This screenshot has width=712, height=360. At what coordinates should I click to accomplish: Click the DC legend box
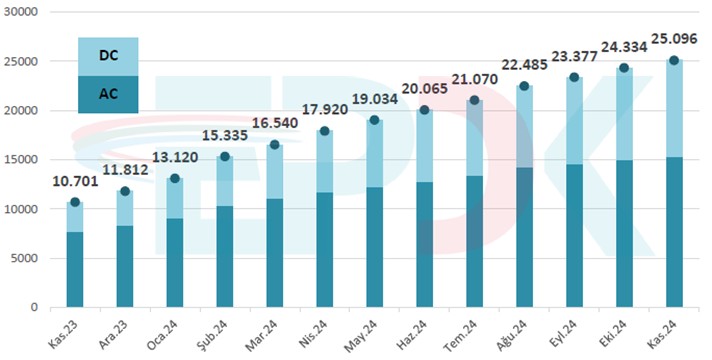[x=108, y=57]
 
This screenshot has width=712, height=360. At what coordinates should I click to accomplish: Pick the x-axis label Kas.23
[x=63, y=331]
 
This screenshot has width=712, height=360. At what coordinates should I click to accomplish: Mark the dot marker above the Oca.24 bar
[x=175, y=179]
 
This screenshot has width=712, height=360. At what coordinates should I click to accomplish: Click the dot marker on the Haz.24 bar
[x=425, y=110]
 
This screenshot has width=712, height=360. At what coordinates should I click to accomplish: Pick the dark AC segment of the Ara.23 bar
[x=125, y=266]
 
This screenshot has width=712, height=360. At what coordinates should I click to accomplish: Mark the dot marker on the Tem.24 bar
[x=475, y=100]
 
